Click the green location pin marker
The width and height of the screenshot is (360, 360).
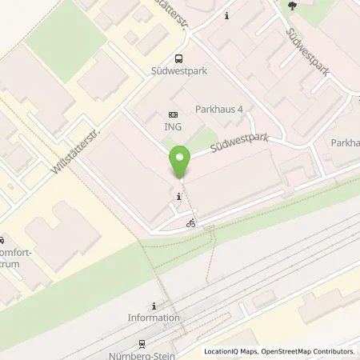click(x=179, y=163)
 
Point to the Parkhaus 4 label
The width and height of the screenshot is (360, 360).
click(x=219, y=110)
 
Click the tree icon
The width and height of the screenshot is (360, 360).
click(x=290, y=6)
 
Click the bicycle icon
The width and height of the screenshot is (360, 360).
click(x=191, y=223)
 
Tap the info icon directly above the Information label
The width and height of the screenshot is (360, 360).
click(x=154, y=306)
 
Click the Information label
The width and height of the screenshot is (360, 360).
click(x=154, y=318)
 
